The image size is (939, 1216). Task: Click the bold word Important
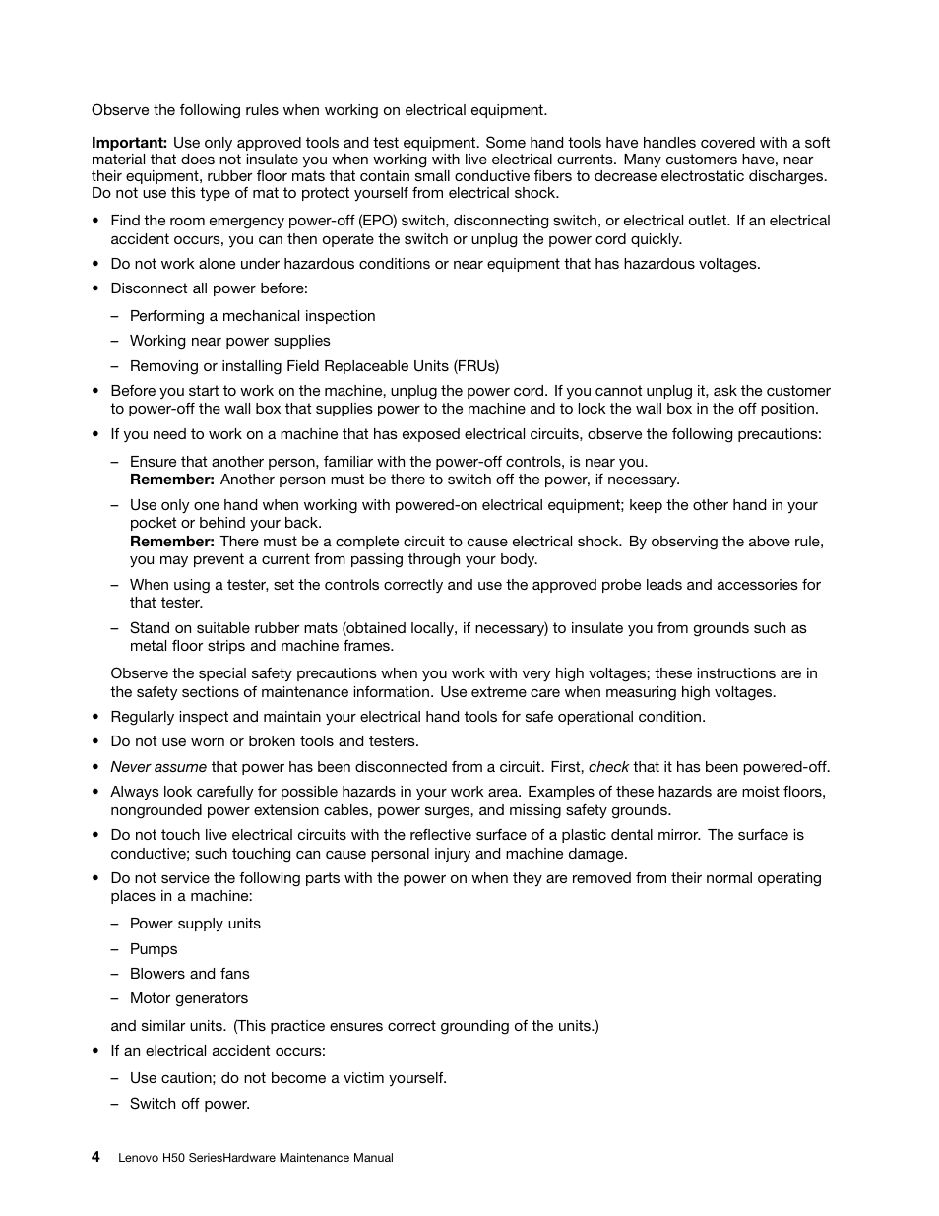129,143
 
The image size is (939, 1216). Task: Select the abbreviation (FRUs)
476,366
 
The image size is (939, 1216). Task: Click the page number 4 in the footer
95,1157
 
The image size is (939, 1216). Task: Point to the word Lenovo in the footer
138,1158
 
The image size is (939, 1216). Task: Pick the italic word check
608,767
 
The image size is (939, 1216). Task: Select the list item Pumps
154,949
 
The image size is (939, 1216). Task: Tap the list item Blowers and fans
189,974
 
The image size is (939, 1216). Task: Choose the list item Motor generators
188,998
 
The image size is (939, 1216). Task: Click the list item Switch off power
189,1104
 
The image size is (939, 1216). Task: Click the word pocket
154,523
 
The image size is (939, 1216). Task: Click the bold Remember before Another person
172,480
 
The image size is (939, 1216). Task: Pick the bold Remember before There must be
172,542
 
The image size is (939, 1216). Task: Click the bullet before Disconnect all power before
95,289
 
